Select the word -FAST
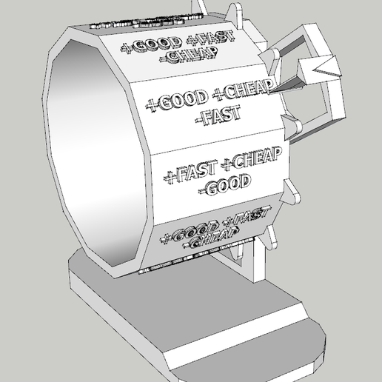pos(212,115)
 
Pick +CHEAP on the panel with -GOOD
pos(251,157)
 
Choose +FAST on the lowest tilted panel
pos(241,218)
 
